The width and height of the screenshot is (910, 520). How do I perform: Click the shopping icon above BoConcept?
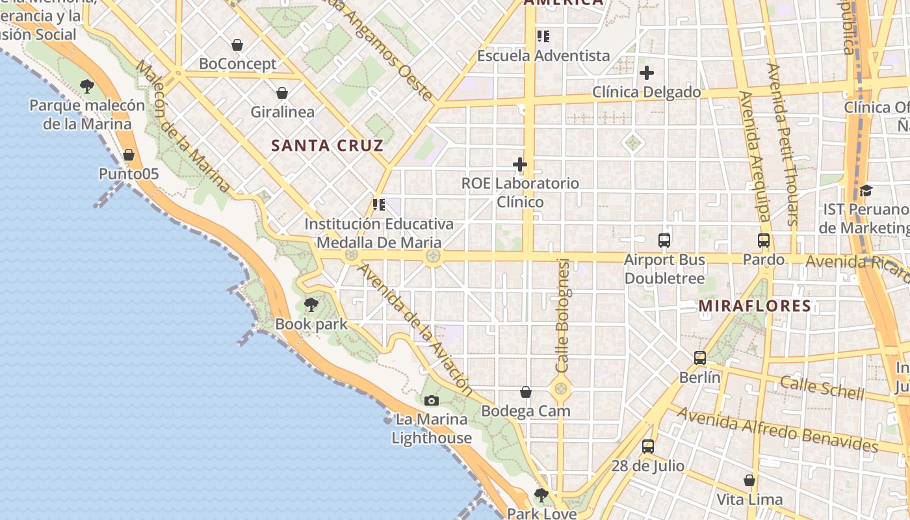(x=237, y=45)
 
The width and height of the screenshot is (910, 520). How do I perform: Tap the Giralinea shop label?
(x=283, y=112)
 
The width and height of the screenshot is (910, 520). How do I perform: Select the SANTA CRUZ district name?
(x=327, y=146)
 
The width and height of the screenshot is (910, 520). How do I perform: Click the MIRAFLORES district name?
(x=755, y=306)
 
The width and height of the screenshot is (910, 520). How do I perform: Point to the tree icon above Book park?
(x=311, y=304)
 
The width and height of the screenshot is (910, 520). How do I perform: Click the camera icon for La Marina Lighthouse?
(x=432, y=400)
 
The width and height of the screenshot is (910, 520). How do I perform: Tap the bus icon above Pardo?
(x=764, y=240)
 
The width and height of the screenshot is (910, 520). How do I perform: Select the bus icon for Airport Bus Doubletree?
(x=664, y=240)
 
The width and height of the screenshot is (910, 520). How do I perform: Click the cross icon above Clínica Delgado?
(x=647, y=73)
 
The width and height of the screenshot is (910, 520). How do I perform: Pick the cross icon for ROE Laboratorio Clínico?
(x=520, y=164)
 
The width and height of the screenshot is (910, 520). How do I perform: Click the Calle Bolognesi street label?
(x=563, y=316)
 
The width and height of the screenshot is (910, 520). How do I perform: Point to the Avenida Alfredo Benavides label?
(x=778, y=429)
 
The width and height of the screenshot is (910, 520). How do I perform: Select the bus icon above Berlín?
(x=700, y=358)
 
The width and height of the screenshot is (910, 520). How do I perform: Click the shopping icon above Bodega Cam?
(x=526, y=392)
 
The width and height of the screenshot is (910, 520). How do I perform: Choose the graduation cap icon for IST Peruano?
(x=866, y=190)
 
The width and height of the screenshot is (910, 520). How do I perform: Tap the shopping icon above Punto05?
(x=129, y=155)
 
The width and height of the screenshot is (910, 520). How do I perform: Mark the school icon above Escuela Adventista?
(x=543, y=36)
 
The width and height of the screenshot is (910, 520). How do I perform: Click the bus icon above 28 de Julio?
(x=648, y=447)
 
